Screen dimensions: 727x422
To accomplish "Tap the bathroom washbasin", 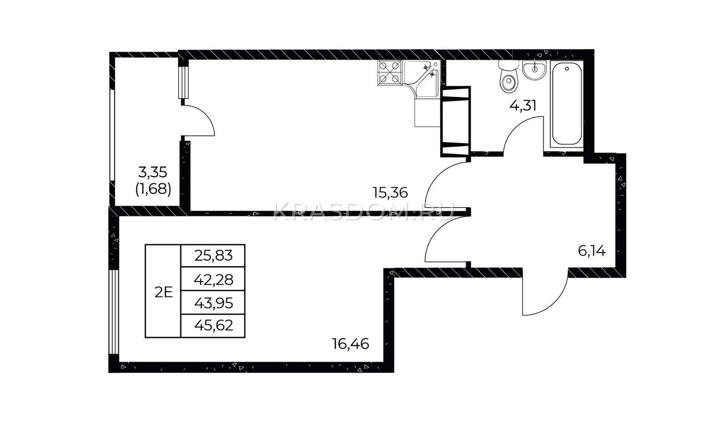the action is tap(534, 70).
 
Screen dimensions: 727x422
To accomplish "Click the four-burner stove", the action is tap(389, 73).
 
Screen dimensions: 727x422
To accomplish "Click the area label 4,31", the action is tap(523, 106).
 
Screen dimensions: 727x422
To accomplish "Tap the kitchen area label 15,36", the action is tap(390, 193).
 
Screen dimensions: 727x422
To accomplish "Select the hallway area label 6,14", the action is tap(592, 251).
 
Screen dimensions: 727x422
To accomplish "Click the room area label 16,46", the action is tap(350, 344).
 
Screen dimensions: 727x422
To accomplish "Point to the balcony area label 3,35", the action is tap(153, 172).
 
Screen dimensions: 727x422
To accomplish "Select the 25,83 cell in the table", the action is tap(213, 256).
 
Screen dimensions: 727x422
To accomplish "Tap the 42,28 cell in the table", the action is tap(213, 279).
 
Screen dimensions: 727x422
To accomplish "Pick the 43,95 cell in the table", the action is tap(213, 303).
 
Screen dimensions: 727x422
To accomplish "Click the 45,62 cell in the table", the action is tap(213, 326).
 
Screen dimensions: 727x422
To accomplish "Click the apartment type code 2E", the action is tap(163, 293).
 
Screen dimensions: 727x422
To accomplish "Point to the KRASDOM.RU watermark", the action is tap(363, 213).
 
